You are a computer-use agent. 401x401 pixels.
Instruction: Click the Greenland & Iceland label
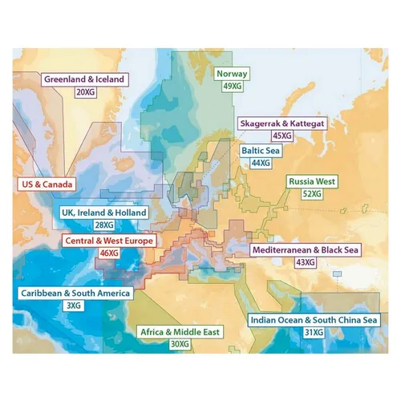point(84,80)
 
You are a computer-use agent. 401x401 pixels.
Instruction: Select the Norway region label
point(233,74)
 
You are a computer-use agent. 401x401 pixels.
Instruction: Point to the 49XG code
point(233,87)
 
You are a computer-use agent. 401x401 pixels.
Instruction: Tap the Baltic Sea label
point(261,150)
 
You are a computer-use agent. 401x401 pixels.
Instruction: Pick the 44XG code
point(261,163)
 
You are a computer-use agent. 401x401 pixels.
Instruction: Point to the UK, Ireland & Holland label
point(104,213)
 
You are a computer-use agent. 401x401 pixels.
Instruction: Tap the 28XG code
point(104,226)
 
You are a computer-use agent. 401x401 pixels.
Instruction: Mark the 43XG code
point(305,263)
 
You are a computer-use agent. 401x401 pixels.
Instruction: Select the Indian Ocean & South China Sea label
point(314,320)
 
